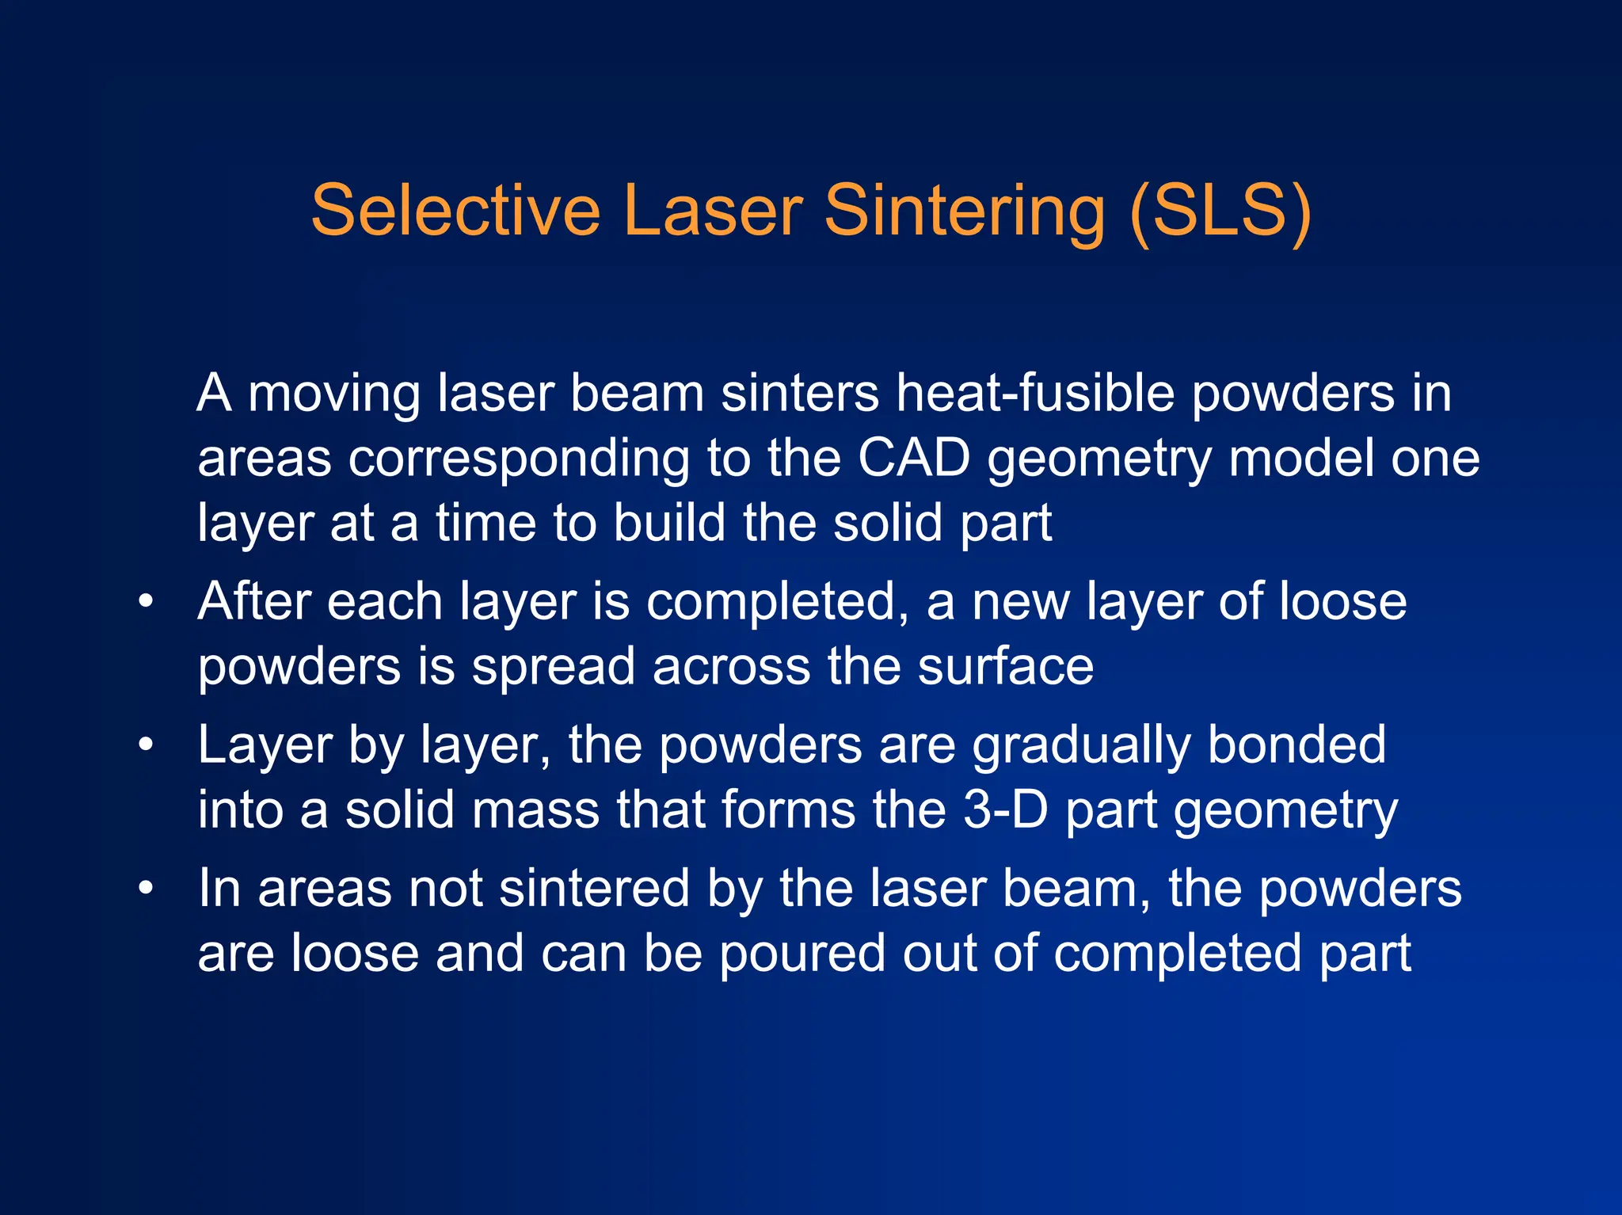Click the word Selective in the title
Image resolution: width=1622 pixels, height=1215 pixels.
(455, 211)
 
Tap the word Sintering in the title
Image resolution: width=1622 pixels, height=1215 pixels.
(965, 211)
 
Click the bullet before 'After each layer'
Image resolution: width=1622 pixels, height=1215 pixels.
(145, 602)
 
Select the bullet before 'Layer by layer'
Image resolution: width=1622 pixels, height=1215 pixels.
(145, 745)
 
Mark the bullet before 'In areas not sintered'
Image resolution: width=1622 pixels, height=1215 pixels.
(145, 889)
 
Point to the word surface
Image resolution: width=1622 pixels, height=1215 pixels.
(1005, 667)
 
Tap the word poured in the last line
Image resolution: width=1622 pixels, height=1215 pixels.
(802, 954)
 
